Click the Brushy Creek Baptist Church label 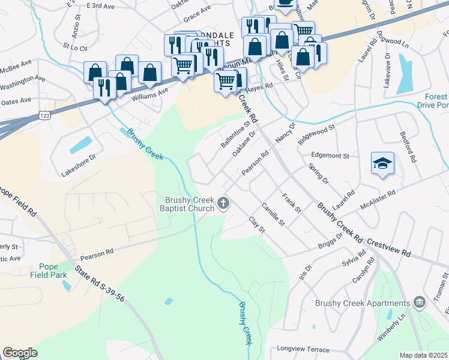click(x=190, y=204)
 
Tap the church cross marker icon click(x=223, y=203)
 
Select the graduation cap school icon click(x=382, y=164)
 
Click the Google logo click(x=20, y=353)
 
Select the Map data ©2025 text click(x=423, y=355)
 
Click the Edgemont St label click(x=330, y=155)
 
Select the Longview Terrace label click(x=303, y=349)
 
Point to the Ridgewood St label click(x=316, y=134)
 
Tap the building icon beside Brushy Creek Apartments click(x=419, y=304)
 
